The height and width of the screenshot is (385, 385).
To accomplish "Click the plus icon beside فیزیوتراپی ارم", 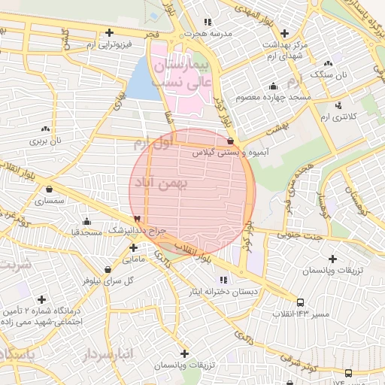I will (111, 33).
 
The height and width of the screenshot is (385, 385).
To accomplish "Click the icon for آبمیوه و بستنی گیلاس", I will (230, 141).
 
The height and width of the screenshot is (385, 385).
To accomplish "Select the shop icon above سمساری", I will (50, 189).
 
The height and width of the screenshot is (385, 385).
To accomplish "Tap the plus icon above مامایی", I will (133, 247).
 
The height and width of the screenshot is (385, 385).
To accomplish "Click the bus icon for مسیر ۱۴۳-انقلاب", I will (302, 302).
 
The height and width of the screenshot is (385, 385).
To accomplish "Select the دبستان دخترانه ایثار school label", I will (244, 291).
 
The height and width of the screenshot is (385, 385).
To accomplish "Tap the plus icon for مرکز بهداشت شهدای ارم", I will (284, 33).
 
